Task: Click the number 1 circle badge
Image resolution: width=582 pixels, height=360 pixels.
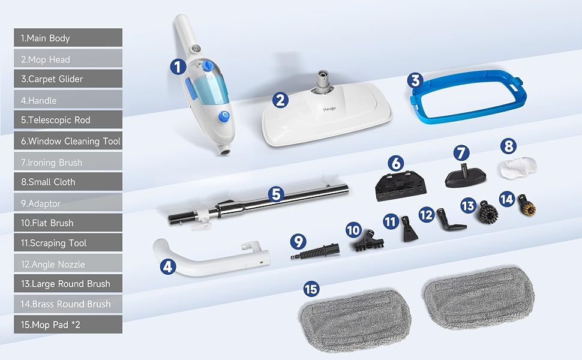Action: pos(178,67)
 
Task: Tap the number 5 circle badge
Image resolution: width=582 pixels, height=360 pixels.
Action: pos(276,194)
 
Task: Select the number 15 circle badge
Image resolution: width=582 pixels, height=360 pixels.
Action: pos(311,289)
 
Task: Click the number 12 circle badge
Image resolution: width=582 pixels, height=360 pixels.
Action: pos(427,215)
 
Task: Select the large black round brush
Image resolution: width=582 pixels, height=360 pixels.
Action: pos(488,212)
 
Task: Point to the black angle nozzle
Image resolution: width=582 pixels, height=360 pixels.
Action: pos(450,221)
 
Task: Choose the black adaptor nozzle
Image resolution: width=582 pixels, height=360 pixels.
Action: pos(316,251)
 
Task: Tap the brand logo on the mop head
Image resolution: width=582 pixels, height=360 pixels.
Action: pos(329,109)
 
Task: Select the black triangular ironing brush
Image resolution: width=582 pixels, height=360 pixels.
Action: pos(466,176)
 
